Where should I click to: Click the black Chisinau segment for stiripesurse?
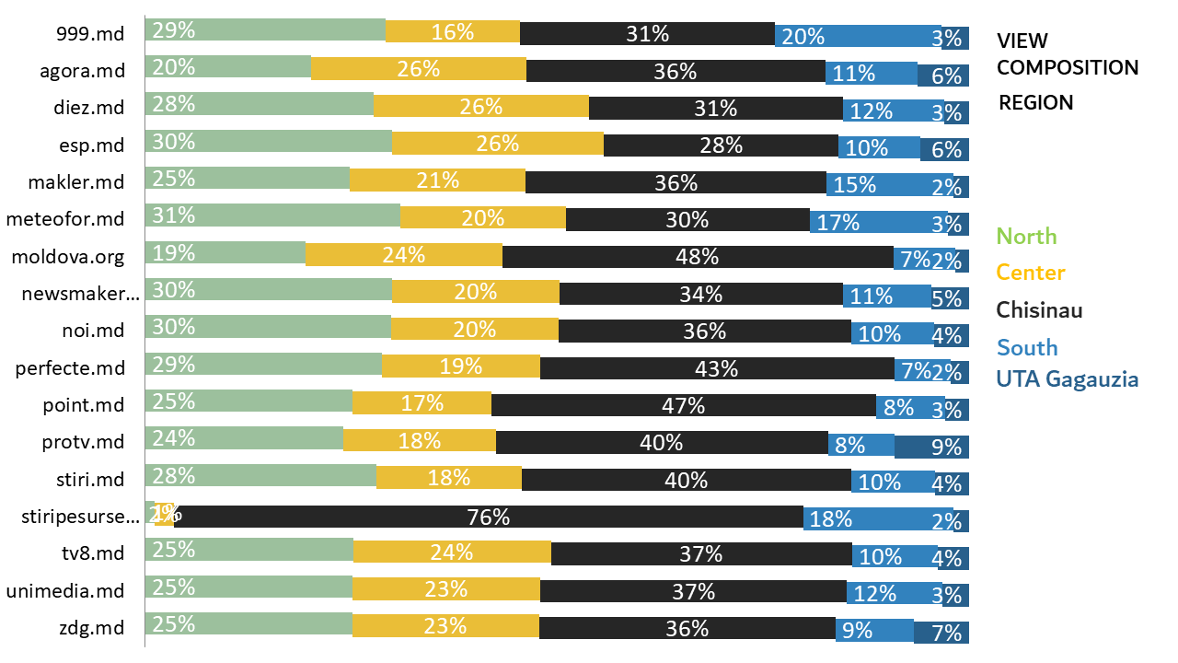488,518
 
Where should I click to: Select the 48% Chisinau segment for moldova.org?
698,256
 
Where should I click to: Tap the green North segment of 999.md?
265,30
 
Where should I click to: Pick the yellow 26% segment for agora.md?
418,69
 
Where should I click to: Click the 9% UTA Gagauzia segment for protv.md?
931,447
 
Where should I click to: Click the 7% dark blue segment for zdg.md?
941,633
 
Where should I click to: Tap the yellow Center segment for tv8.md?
452,553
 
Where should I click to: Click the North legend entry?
1027,237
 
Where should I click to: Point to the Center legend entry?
1031,273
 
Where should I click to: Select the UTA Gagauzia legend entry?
1068,378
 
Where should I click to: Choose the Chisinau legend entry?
1039,309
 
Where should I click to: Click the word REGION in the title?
1036,102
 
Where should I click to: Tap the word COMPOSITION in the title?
1068,67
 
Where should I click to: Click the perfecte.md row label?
70,368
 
